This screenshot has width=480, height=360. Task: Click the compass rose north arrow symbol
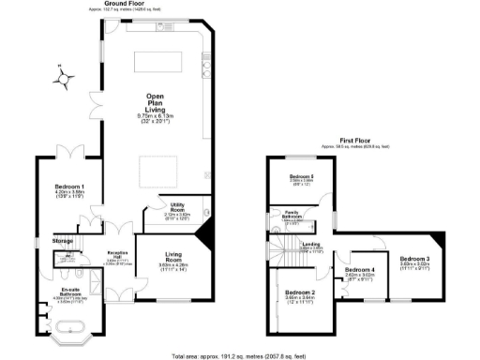[x=62, y=78]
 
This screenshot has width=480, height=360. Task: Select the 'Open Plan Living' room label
[x=156, y=101]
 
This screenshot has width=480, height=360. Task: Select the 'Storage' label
[x=64, y=241]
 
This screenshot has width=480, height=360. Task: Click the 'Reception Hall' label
[x=116, y=253]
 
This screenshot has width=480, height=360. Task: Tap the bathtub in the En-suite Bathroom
[x=71, y=329]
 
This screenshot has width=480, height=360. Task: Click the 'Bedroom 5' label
[x=300, y=176]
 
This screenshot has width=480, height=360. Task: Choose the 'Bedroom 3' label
[x=414, y=258]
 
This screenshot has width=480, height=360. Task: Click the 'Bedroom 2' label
[x=301, y=292]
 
